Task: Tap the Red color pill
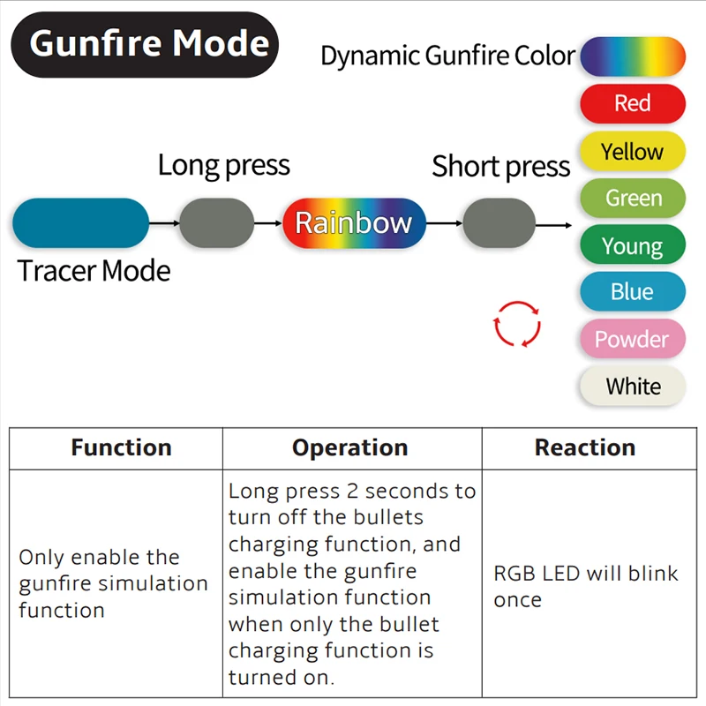(632, 103)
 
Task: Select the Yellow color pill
(632, 151)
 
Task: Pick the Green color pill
(632, 198)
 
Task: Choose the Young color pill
(632, 245)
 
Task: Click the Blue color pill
(632, 292)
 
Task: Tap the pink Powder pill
(632, 340)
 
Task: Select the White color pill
(632, 387)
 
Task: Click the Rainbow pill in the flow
(354, 223)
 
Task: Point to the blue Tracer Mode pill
(80, 223)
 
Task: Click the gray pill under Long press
(216, 223)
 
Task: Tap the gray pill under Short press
(499, 223)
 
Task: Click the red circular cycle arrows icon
(516, 323)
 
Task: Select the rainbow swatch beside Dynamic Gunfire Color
(632, 56)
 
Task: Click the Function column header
(121, 447)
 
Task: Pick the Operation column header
(350, 447)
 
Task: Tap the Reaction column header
(585, 447)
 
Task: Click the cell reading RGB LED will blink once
(586, 586)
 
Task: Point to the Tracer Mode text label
(94, 271)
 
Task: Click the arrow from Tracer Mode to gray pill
(164, 223)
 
